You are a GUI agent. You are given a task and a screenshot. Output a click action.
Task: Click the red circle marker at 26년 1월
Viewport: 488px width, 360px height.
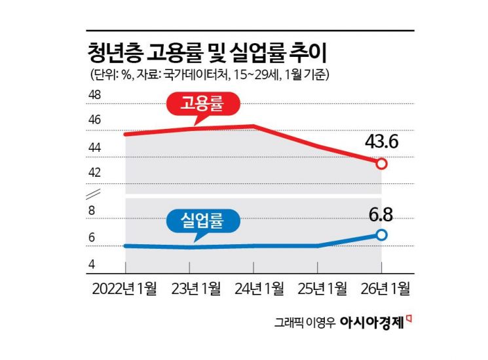[382, 164]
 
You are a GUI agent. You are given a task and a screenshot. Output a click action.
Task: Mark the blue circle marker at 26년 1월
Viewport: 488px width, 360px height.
[382, 234]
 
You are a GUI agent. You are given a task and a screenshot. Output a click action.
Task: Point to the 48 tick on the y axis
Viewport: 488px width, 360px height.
[95, 96]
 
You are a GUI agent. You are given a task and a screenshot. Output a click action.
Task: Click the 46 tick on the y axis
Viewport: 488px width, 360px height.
[95, 121]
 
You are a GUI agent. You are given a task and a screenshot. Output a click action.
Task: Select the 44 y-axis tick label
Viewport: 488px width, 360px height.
[95, 148]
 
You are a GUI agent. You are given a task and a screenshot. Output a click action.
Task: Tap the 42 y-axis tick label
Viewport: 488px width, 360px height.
[95, 173]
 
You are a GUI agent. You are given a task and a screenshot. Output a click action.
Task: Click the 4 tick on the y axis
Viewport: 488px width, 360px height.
[92, 264]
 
